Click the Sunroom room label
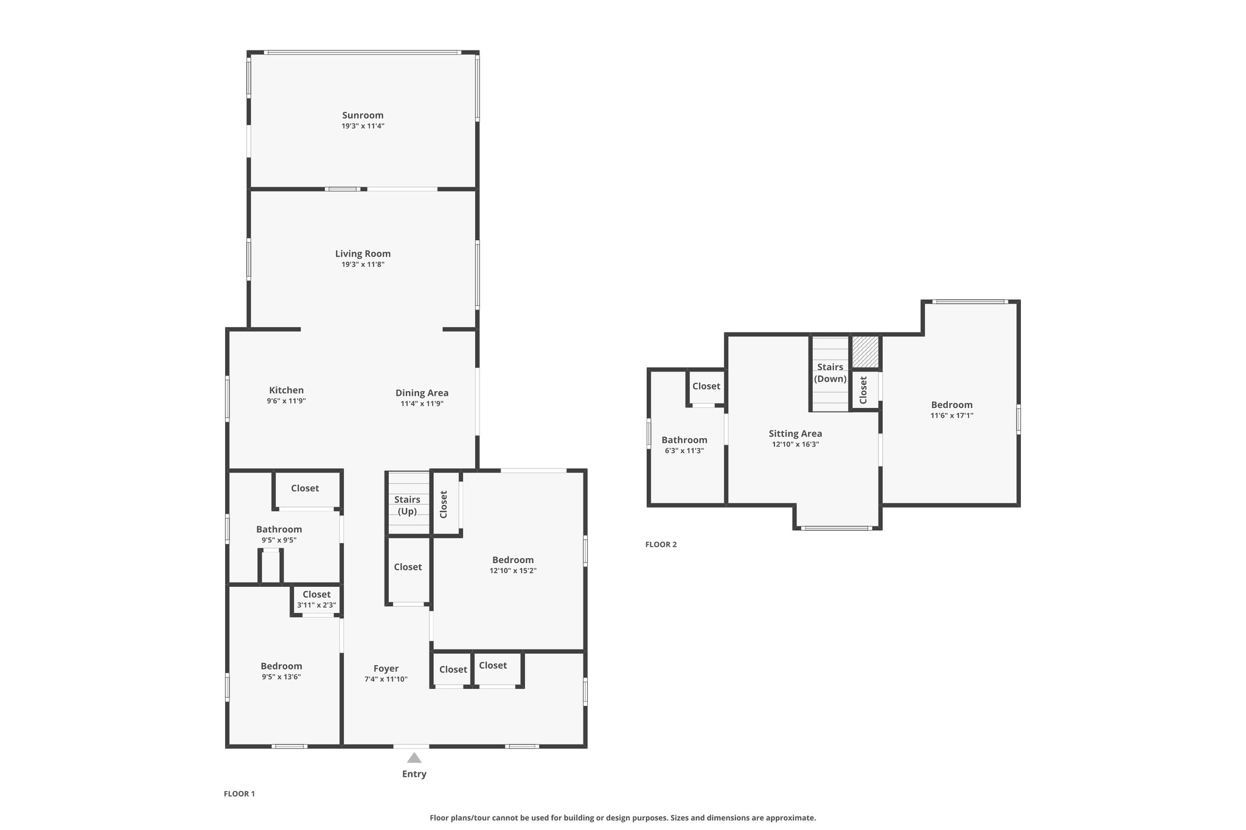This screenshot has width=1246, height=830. point(363,116)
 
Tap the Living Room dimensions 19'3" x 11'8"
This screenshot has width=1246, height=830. point(363,265)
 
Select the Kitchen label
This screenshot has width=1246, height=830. point(286,390)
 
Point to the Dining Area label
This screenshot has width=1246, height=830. point(422,393)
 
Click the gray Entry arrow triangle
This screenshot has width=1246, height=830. point(414,758)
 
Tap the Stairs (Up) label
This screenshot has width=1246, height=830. point(407,505)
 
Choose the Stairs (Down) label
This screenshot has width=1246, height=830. point(830,373)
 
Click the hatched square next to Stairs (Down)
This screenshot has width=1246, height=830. point(865,352)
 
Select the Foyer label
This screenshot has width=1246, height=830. point(386,669)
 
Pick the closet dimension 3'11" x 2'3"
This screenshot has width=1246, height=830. point(316,606)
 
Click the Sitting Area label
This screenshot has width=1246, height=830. point(795,434)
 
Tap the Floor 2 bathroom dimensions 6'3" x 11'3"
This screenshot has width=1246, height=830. point(684,451)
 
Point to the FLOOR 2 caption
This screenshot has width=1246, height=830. point(661,545)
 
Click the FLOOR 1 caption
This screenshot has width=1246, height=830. point(239,794)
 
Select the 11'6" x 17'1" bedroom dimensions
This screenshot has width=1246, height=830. point(952,416)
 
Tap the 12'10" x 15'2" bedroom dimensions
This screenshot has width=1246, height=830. point(513,571)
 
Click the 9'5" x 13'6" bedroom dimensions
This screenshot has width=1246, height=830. point(281,677)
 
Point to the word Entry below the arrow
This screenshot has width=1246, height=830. point(414,774)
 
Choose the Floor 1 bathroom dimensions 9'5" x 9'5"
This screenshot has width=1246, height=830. point(279,540)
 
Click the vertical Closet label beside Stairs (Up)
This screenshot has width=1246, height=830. point(444,504)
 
